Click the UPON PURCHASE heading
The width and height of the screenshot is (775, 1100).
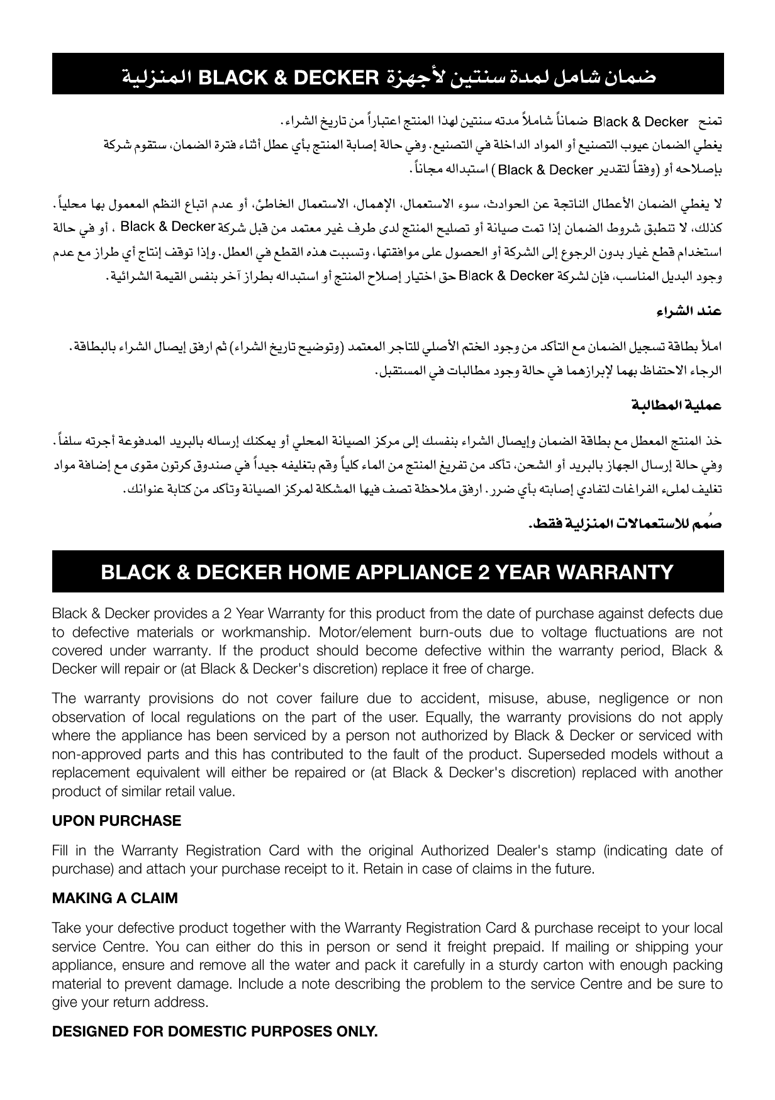116,821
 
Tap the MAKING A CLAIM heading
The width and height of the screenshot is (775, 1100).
114,898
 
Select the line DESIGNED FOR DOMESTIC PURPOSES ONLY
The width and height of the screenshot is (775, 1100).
215,1032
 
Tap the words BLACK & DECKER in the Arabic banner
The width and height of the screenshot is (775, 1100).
290,78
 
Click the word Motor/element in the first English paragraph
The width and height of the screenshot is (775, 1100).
359,632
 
